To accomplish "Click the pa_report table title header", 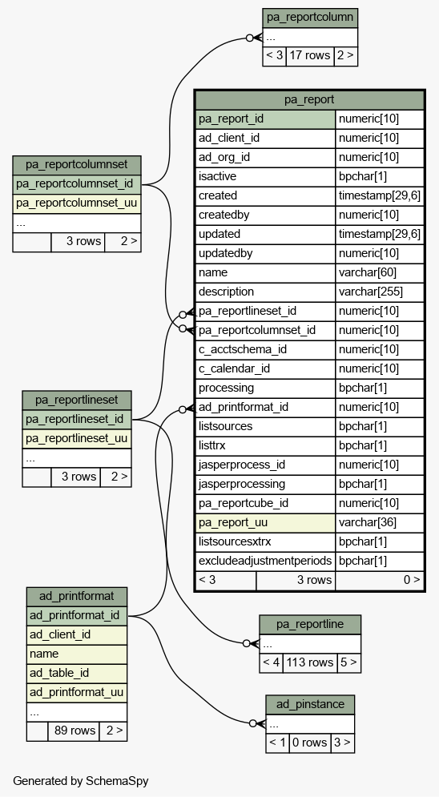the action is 309,99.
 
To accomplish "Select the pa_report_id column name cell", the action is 265,119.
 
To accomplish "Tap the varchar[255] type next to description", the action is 380,292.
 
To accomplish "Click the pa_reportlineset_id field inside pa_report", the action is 265,311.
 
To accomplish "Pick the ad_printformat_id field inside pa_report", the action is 265,407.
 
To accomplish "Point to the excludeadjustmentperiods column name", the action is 265,562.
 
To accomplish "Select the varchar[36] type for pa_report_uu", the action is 380,522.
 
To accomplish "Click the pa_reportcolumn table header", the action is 310,18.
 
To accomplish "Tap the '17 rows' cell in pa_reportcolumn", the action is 310,56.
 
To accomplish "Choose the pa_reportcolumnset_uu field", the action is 77,203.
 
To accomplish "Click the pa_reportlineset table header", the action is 77,400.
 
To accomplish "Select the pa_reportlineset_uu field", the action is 77,439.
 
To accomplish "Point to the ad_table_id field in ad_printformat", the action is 77,673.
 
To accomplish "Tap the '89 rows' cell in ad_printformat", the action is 74,731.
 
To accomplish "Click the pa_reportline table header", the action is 310,625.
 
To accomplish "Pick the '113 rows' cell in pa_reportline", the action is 310,662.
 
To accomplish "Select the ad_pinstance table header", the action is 310,705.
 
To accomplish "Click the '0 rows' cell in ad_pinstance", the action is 310,743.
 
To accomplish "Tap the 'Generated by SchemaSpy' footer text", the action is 81,781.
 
